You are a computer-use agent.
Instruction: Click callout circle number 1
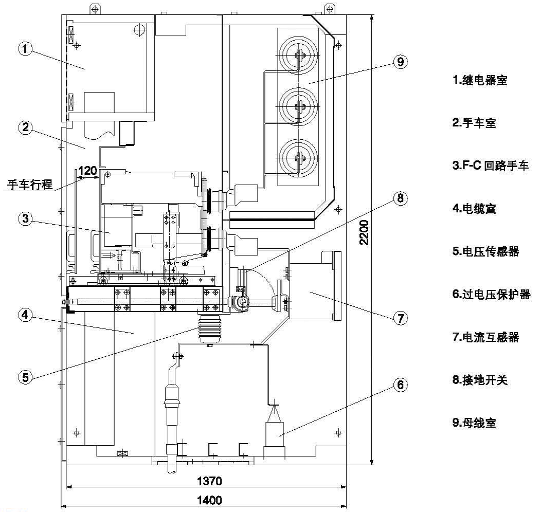point(25,49)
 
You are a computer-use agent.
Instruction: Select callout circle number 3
point(25,218)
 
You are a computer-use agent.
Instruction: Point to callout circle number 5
point(25,377)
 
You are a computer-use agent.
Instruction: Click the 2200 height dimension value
point(364,233)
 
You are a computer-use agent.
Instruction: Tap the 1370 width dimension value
point(210,482)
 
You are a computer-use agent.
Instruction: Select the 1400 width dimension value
point(210,500)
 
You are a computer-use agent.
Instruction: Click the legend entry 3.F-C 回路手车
point(488,166)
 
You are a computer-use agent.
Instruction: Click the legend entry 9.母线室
point(474,423)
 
